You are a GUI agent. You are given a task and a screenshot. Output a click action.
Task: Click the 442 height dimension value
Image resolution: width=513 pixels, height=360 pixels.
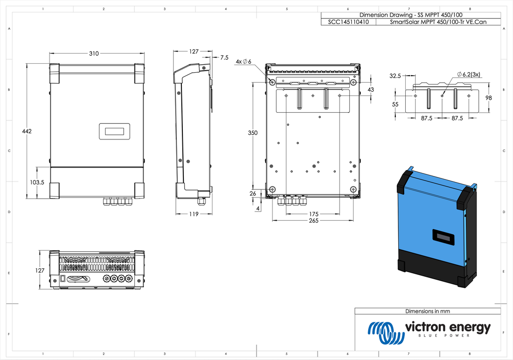click(27, 131)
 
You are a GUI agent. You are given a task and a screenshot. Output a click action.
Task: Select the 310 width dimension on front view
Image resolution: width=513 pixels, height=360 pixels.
click(94, 54)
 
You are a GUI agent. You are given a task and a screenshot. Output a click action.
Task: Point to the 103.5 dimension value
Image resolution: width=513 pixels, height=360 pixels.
click(36, 183)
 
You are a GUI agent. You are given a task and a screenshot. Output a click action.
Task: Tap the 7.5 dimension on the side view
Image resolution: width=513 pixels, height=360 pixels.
click(224, 58)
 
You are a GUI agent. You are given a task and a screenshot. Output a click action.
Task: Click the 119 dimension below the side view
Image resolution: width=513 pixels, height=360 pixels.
click(193, 214)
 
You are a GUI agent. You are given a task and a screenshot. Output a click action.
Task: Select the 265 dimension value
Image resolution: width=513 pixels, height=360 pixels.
click(314, 221)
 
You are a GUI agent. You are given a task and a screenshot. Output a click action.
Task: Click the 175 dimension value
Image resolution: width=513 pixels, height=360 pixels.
click(314, 214)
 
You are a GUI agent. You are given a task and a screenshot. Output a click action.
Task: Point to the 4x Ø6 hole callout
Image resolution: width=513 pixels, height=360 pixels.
click(243, 61)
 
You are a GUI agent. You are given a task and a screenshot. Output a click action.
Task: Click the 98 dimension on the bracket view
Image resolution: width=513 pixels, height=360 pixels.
click(489, 98)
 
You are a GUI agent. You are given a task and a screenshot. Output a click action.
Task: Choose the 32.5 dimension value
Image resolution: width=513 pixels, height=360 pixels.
click(395, 76)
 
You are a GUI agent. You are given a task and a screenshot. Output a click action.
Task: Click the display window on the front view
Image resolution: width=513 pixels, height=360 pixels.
click(114, 131)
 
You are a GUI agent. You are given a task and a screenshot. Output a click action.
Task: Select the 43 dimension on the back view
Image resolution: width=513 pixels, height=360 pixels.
click(371, 89)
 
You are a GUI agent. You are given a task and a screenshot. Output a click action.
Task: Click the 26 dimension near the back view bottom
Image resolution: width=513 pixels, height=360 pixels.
click(252, 193)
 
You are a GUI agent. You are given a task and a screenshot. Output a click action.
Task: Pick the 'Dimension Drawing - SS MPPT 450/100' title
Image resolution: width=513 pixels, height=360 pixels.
click(404, 15)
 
